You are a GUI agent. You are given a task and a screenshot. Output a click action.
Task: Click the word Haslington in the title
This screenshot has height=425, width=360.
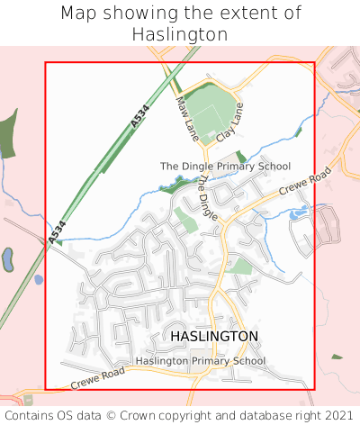(180, 33)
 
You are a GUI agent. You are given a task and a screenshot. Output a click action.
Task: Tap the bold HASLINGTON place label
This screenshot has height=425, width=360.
(214, 336)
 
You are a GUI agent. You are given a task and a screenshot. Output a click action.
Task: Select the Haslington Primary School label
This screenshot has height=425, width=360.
(201, 361)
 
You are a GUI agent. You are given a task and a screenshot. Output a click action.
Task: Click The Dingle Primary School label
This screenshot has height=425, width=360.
(225, 167)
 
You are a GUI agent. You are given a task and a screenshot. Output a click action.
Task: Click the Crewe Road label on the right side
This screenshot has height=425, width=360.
(305, 180)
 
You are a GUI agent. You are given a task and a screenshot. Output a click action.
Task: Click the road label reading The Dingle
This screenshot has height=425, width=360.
(208, 198)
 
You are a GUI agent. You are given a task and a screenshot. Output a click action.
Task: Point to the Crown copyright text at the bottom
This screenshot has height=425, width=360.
(180, 415)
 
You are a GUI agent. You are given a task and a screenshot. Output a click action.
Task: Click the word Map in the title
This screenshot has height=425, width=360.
(79, 14)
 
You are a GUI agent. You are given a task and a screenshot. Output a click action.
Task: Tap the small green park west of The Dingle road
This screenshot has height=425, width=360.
(185, 219)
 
